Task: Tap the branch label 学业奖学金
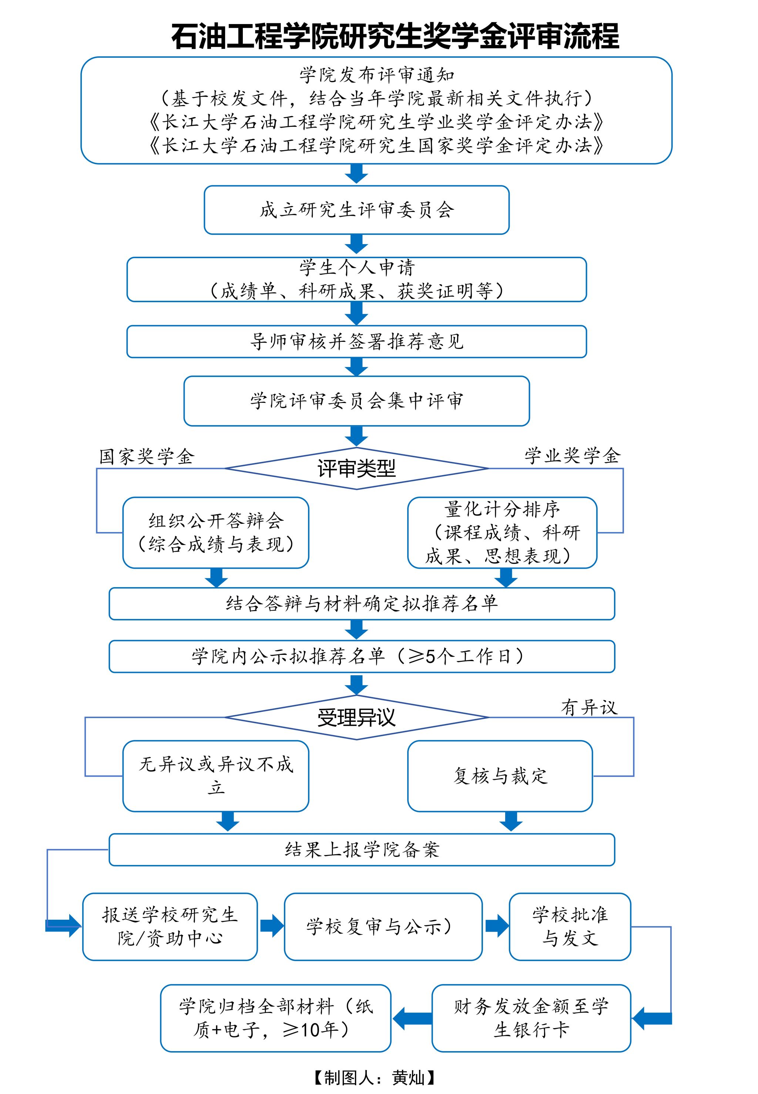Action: [x=572, y=456]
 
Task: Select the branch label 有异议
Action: [x=589, y=707]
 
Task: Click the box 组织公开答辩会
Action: [x=216, y=532]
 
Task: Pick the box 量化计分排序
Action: [x=502, y=532]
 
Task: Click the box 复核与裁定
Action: [x=500, y=776]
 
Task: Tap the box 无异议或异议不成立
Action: [x=216, y=776]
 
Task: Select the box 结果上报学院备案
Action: [x=362, y=849]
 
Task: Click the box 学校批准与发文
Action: [x=570, y=926]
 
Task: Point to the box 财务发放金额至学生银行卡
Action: [x=531, y=1017]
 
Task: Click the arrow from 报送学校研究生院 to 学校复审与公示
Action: [x=271, y=926]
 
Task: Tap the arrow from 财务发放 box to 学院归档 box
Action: [x=412, y=1017]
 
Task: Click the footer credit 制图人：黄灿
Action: [x=374, y=1077]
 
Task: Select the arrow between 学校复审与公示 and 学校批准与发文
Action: [x=496, y=926]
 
